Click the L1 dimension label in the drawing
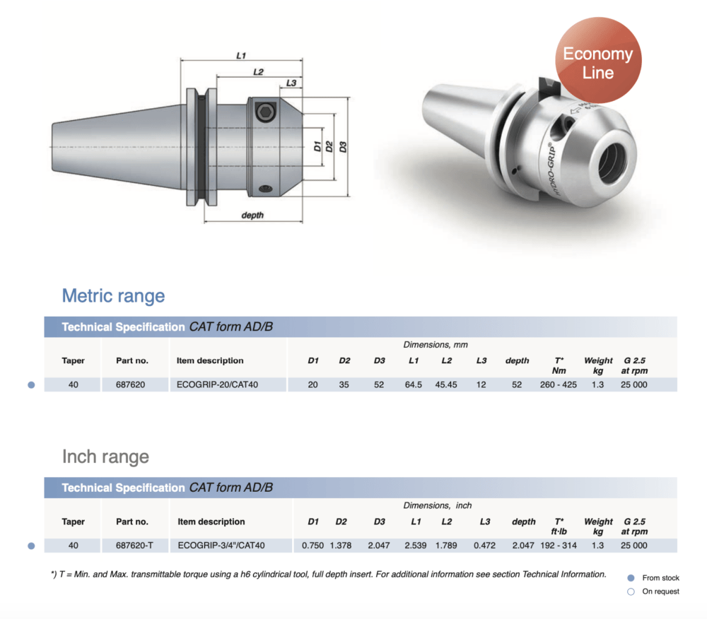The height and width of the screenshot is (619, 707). click(x=241, y=55)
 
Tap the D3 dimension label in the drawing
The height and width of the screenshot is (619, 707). click(x=343, y=146)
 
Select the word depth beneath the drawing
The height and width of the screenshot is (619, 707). click(x=252, y=215)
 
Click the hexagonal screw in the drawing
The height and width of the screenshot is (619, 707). click(x=265, y=112)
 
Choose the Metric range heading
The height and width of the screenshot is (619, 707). click(x=113, y=295)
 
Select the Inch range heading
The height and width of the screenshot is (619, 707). click(x=105, y=456)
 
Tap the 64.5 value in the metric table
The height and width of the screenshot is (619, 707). click(x=415, y=384)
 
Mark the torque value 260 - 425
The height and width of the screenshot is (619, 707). click(x=559, y=384)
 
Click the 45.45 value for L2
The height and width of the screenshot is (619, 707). click(x=447, y=384)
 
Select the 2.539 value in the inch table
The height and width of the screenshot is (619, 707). click(x=416, y=546)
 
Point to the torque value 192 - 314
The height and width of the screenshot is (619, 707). click(x=559, y=546)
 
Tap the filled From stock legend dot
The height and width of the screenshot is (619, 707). click(x=631, y=578)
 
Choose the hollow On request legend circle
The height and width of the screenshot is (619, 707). click(x=631, y=591)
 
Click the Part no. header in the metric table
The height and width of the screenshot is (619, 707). click(x=132, y=360)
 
